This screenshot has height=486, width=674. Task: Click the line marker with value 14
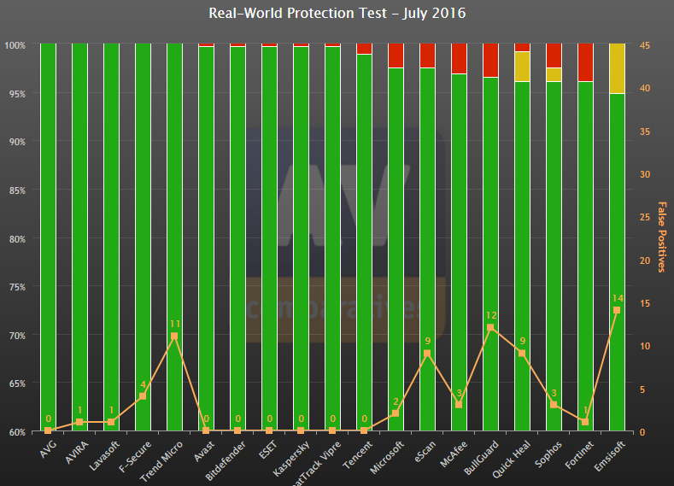pyautogui.click(x=616, y=310)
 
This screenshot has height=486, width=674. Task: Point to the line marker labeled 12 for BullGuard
pyautogui.click(x=490, y=327)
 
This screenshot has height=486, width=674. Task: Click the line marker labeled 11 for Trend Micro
pyautogui.click(x=174, y=336)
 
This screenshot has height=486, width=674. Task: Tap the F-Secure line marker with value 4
pyautogui.click(x=143, y=396)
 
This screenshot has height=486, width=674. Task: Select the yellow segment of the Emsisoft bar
pyautogui.click(x=616, y=68)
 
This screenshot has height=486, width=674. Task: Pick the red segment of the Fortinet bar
pyautogui.click(x=584, y=61)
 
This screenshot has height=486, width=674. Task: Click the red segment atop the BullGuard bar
pyautogui.click(x=490, y=60)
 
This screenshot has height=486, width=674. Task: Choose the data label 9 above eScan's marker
pyautogui.click(x=427, y=342)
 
